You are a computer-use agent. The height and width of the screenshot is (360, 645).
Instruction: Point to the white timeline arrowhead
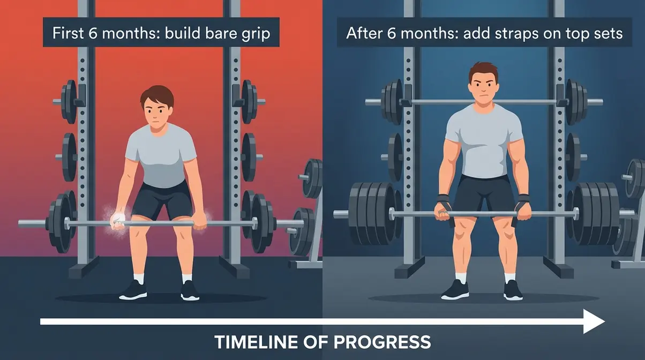tap(594, 321)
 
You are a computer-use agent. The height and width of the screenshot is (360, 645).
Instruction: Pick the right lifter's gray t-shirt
tap(483, 142)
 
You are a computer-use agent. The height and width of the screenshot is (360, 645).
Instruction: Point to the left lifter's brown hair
tap(157, 96)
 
